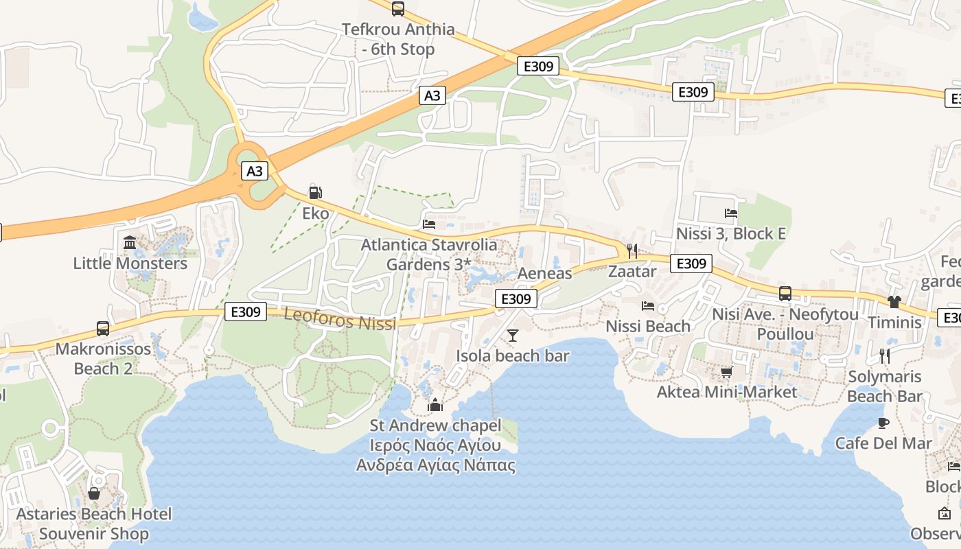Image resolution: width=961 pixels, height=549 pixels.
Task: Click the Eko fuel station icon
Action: click(x=315, y=193)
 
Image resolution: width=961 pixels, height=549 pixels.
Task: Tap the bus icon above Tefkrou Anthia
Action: click(x=397, y=9)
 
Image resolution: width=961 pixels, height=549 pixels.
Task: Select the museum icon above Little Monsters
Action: click(x=130, y=242)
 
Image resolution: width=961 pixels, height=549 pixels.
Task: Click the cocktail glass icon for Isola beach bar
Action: click(x=512, y=336)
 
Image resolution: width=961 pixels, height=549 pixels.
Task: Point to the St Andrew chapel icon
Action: click(x=435, y=406)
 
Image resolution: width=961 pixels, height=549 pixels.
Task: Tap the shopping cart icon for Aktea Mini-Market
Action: click(x=726, y=372)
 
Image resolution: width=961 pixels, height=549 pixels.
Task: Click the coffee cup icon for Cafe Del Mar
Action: click(x=883, y=423)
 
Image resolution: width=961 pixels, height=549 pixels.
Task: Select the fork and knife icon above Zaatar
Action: click(x=632, y=250)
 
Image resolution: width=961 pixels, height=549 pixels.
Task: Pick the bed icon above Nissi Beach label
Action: click(x=647, y=305)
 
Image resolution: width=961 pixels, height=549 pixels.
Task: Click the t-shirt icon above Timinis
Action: click(x=894, y=301)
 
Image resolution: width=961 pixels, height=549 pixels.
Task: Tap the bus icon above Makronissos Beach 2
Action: click(x=103, y=328)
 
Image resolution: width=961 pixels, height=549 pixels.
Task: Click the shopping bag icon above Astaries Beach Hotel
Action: click(x=94, y=493)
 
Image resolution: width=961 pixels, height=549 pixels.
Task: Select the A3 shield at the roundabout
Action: click(x=255, y=171)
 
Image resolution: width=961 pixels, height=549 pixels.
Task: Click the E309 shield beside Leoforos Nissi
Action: click(x=245, y=312)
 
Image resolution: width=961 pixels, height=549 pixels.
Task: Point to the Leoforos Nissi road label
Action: click(x=340, y=320)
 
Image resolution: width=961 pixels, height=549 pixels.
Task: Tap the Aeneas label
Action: click(x=544, y=273)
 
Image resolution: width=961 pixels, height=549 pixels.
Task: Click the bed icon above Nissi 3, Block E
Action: click(x=731, y=213)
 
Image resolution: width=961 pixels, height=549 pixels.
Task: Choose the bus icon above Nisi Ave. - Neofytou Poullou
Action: click(x=785, y=294)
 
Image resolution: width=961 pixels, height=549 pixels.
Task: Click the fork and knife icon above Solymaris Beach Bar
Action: click(x=885, y=355)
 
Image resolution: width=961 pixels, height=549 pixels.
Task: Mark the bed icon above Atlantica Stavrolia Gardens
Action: click(x=430, y=224)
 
